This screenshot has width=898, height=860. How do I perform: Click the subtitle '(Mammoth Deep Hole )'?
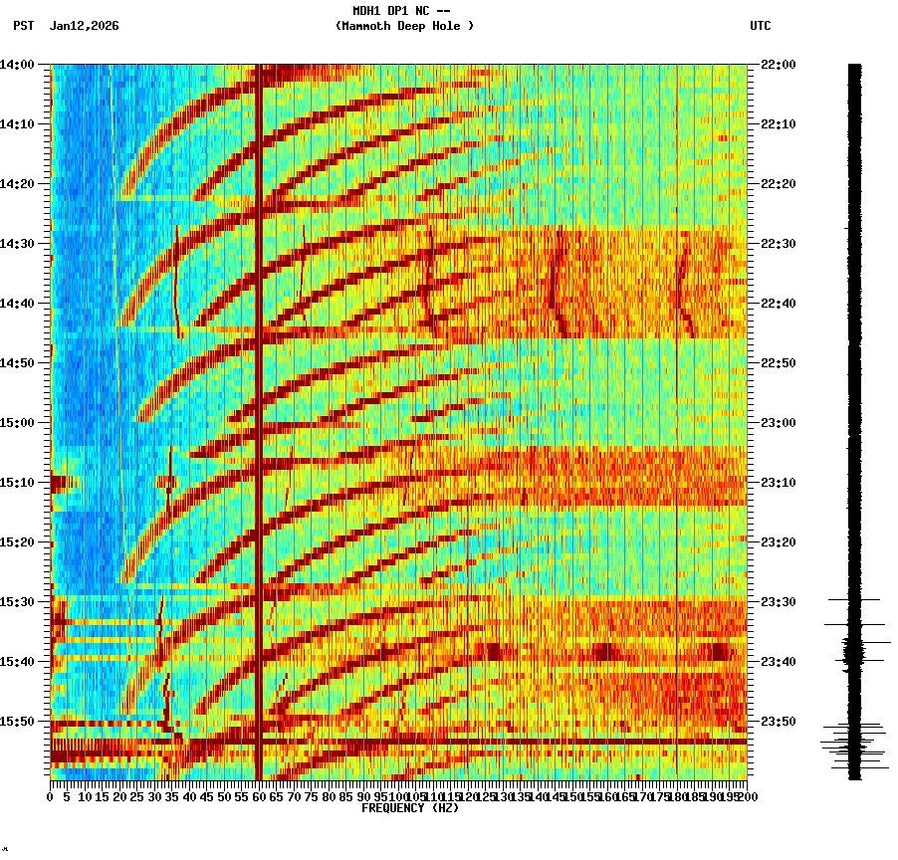[x=404, y=26]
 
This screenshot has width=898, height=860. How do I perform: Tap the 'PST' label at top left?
[x=24, y=26]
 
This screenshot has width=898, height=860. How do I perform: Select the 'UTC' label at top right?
[x=760, y=26]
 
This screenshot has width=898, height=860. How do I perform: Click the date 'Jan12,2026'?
[x=84, y=26]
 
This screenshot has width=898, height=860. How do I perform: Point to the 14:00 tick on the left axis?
[x=18, y=65]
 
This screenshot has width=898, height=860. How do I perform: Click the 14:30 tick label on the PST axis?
[x=18, y=244]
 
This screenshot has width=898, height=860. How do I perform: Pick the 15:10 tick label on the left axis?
[x=18, y=483]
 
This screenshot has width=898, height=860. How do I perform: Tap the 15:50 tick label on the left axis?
[x=18, y=722]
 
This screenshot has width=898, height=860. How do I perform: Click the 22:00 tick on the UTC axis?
[x=779, y=65]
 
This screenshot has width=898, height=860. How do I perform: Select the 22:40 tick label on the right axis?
[x=779, y=304]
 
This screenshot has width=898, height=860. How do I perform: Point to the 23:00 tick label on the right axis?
[x=779, y=423]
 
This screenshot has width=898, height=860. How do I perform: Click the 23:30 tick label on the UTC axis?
[x=779, y=602]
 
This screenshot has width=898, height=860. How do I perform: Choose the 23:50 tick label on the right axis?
[x=779, y=722]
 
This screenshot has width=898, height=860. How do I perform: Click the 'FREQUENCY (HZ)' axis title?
[x=409, y=808]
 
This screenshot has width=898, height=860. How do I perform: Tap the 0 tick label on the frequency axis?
[x=51, y=797]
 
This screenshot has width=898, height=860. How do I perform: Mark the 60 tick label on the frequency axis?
[x=259, y=797]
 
